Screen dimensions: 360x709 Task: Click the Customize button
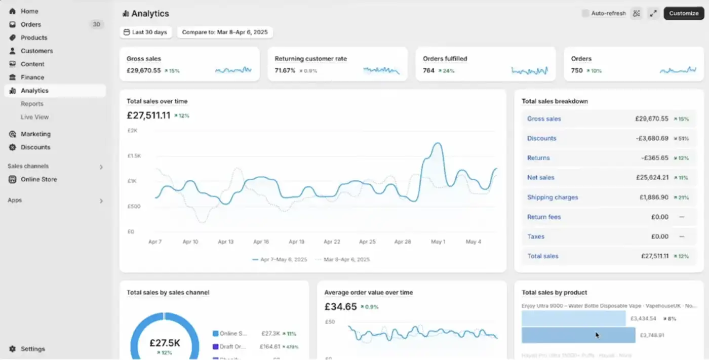click(683, 13)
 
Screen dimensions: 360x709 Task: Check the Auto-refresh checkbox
click(585, 13)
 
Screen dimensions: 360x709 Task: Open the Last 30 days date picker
click(145, 32)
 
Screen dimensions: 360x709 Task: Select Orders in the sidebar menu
click(31, 24)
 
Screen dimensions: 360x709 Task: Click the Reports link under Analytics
click(32, 104)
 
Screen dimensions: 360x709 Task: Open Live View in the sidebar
click(34, 117)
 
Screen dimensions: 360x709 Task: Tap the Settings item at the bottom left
click(32, 349)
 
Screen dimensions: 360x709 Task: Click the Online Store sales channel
click(38, 179)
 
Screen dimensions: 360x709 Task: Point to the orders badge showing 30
click(96, 24)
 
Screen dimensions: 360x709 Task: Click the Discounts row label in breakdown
click(541, 138)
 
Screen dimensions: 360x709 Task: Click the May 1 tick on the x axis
click(438, 242)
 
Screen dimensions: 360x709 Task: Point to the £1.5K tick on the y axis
click(134, 156)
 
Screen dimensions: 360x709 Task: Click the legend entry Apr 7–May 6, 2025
click(280, 260)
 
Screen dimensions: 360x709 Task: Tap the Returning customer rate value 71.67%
click(285, 70)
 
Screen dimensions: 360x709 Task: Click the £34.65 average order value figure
click(340, 306)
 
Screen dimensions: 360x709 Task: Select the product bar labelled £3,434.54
click(573, 318)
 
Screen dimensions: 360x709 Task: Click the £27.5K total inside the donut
click(165, 343)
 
